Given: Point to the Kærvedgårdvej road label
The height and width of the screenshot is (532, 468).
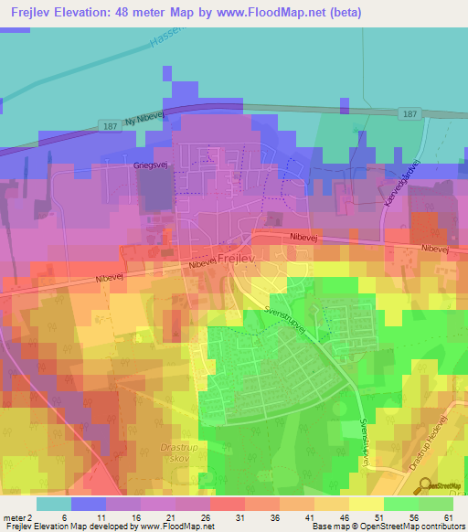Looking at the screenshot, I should (x=401, y=183).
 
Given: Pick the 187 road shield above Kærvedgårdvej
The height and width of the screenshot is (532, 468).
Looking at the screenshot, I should (x=409, y=114).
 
